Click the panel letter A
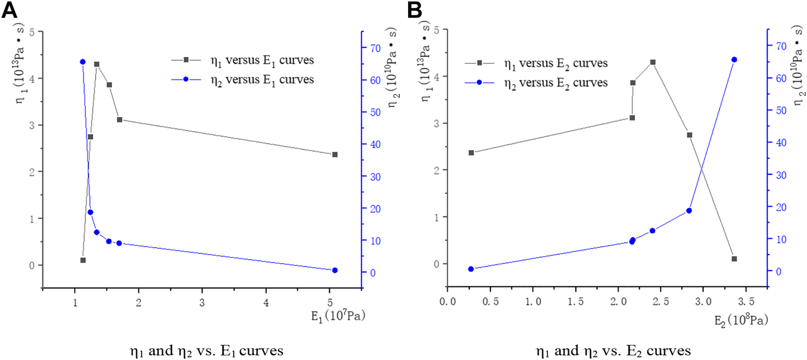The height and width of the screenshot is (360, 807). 9,9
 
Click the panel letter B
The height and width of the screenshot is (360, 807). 413,9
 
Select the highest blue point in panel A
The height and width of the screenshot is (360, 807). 83,62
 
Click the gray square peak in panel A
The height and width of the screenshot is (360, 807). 97,64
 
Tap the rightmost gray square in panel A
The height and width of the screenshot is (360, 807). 335,154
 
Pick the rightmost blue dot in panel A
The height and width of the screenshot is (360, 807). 335,270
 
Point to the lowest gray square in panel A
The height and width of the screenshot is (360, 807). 83,260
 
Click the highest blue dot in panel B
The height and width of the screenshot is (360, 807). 734,59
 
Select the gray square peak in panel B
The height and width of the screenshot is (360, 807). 653,62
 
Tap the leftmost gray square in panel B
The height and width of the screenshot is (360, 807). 471,152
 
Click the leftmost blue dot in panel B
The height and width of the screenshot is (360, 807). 471,269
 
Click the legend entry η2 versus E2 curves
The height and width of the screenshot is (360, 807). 555,82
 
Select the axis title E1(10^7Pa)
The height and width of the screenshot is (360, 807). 338,316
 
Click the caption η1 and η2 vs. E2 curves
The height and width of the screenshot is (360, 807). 612,351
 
